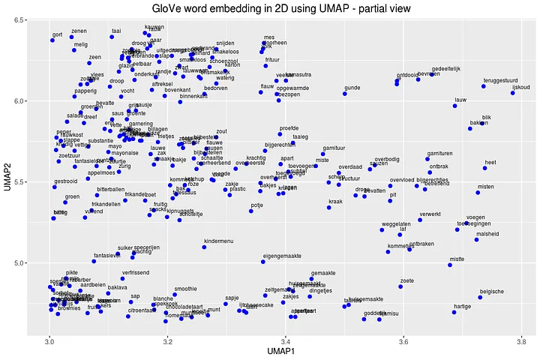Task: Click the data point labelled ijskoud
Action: pyautogui.click(x=513, y=93)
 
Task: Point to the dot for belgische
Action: pyautogui.click(x=480, y=298)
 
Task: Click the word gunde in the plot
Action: pyautogui.click(x=352, y=88)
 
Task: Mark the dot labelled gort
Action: pyautogui.click(x=52, y=40)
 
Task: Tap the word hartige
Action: pyautogui.click(x=463, y=307)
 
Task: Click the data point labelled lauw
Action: pyautogui.click(x=454, y=106)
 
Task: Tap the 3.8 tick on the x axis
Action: pyautogui.click(x=520, y=342)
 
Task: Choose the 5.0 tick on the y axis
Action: pyautogui.click(x=35, y=262)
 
